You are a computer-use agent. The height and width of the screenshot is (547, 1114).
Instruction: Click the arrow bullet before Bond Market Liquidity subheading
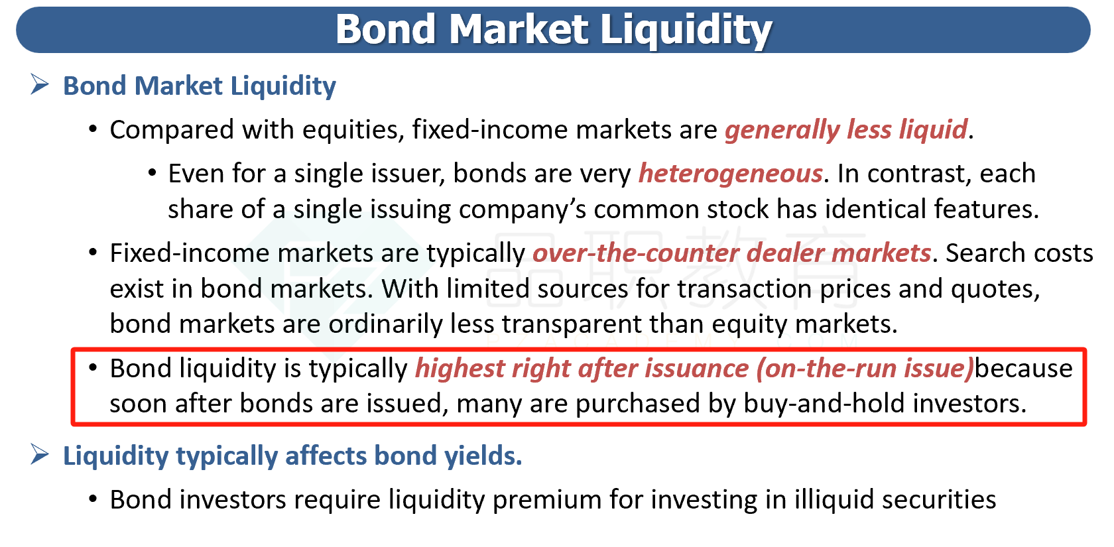click(39, 84)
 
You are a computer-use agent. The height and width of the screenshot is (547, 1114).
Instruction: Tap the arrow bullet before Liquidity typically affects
click(39, 454)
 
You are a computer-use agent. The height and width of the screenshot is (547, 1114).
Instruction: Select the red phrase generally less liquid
click(846, 130)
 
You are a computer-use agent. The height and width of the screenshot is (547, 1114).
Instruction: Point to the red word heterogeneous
click(731, 174)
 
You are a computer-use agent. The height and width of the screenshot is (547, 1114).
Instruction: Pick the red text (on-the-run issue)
click(865, 369)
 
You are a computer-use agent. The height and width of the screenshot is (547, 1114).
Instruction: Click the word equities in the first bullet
click(353, 130)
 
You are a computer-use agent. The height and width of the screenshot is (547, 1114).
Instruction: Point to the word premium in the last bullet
click(547, 500)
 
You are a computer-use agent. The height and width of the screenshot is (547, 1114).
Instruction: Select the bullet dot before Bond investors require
click(93, 499)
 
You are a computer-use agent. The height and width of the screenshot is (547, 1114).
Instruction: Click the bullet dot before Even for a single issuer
click(153, 173)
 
